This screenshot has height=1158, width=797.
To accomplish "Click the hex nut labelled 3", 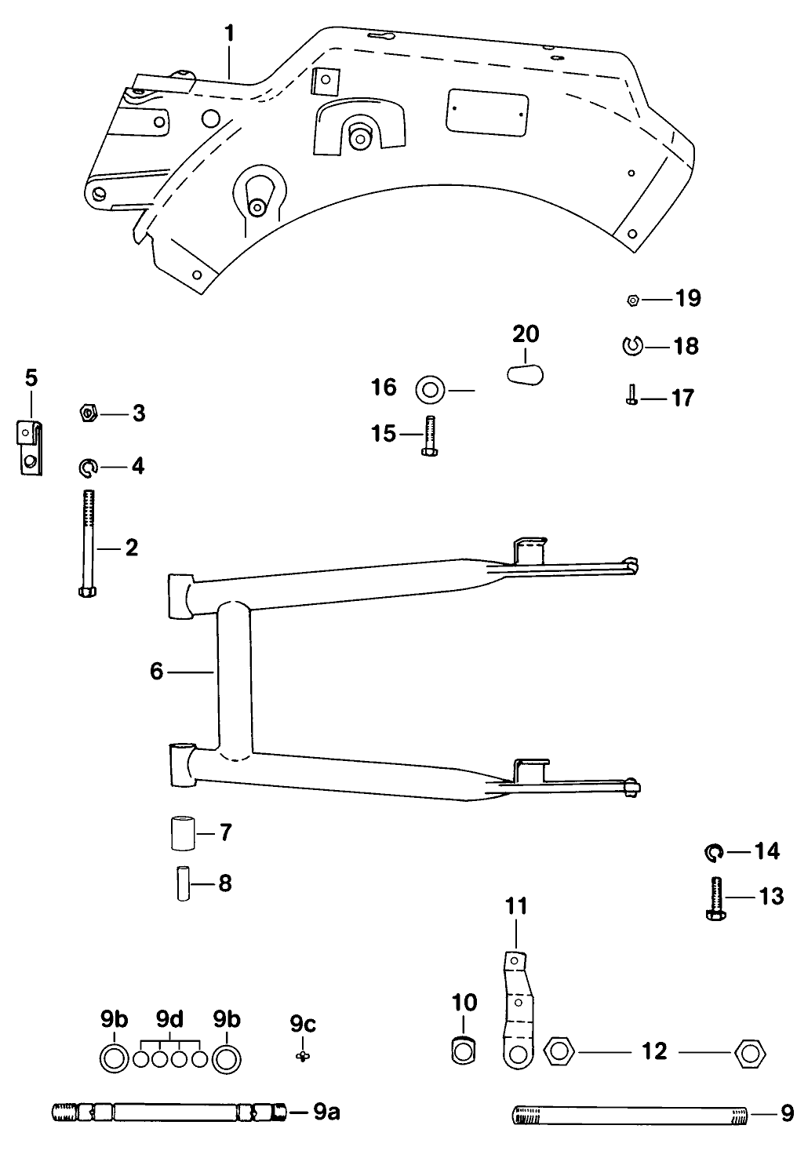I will (89, 413).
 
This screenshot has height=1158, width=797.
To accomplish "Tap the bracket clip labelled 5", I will (30, 448).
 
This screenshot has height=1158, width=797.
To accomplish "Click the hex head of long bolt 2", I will (88, 591).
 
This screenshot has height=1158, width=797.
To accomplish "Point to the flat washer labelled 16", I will (428, 388).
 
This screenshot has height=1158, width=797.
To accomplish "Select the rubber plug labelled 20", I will (524, 373).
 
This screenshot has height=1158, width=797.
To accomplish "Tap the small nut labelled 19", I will (633, 299).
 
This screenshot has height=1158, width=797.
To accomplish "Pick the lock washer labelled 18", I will (632, 344).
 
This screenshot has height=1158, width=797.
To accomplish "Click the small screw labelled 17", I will (631, 395).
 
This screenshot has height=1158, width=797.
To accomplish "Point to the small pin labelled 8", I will (184, 883).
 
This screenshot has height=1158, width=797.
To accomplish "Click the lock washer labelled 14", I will (713, 850).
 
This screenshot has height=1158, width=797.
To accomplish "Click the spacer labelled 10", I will (464, 1051).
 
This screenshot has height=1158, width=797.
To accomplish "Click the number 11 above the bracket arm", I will (516, 907).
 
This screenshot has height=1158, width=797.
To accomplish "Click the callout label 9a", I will (326, 1112).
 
